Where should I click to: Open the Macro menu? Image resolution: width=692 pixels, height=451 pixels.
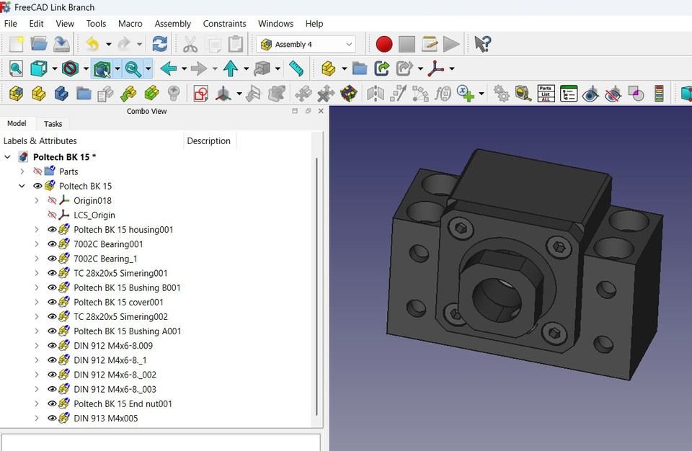point(130,24)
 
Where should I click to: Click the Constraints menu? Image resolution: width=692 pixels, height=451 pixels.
point(224,24)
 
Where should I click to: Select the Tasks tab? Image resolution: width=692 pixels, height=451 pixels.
point(53,124)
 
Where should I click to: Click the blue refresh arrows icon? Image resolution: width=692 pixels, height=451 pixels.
point(159,45)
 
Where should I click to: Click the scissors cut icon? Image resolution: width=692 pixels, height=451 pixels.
point(190,45)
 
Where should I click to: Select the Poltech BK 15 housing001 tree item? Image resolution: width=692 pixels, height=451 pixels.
point(123,230)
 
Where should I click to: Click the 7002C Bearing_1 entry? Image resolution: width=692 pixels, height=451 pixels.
point(105,259)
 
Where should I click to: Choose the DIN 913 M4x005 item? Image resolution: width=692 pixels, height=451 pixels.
point(105,419)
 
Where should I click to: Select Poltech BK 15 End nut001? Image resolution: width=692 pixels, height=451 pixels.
point(123,404)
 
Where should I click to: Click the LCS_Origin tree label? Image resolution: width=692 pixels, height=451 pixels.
point(94,215)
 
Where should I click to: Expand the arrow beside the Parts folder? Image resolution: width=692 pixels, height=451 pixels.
point(22,171)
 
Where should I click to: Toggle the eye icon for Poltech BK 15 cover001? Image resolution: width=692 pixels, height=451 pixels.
point(52,303)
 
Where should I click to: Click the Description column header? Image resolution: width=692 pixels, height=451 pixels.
point(208,141)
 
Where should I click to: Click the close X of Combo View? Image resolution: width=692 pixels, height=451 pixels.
point(321,111)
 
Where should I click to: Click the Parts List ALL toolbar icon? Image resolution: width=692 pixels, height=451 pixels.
point(546,94)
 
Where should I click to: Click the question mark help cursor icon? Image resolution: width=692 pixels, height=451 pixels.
point(482,45)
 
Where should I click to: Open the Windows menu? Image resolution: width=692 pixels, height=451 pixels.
point(275,24)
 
